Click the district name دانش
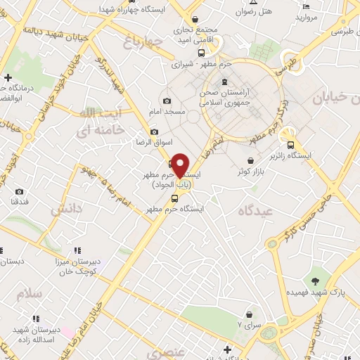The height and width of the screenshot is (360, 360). tap(65, 209)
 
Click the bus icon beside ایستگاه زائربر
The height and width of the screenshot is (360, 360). tap(291, 145)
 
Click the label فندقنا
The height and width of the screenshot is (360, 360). tap(20, 202)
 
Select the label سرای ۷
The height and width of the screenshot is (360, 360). tap(249, 324)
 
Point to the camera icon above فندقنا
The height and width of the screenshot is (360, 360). tap(19, 191)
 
